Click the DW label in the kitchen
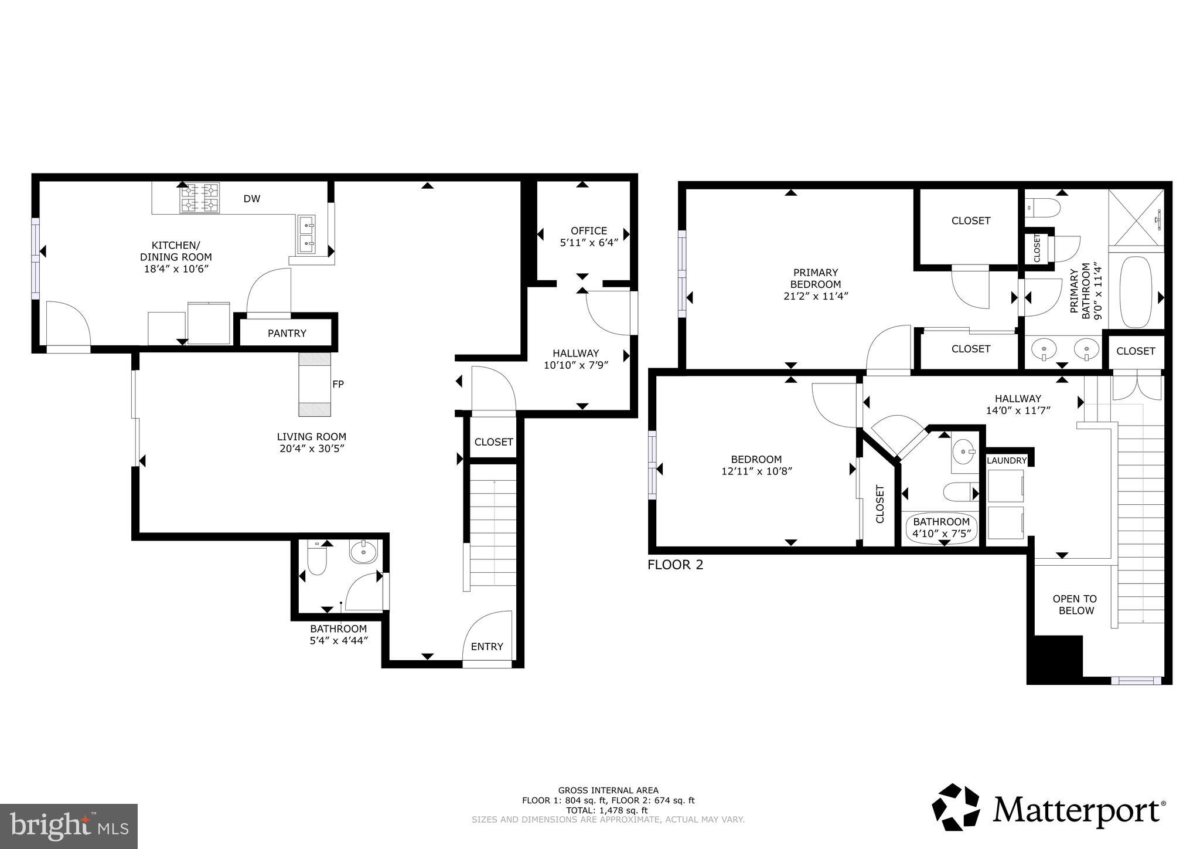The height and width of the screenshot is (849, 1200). tap(252, 199)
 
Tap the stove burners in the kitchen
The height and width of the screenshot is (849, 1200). tap(200, 198)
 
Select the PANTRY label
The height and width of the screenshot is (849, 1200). tap(287, 333)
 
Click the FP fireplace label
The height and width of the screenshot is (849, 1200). tap(338, 384)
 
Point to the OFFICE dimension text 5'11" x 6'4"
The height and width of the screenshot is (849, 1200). tap(589, 243)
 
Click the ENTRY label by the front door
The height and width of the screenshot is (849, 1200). tap(487, 646)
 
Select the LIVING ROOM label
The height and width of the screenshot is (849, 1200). tap(311, 436)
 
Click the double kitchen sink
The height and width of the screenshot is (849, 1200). tap(306, 234)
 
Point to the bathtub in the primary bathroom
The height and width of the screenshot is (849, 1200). tap(1136, 291)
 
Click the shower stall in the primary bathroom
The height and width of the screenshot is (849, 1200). tap(1136, 219)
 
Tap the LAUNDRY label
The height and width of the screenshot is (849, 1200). tap(1007, 460)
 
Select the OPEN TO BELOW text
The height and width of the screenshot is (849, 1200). tap(1075, 605)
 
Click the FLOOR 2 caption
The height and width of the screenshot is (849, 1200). tap(675, 565)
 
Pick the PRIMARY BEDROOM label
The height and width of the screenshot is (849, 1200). tap(816, 278)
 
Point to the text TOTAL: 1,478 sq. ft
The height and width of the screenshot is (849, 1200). tap(608, 810)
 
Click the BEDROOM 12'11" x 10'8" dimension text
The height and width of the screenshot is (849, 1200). tap(756, 471)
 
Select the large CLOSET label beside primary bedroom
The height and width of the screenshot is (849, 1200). tap(971, 220)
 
